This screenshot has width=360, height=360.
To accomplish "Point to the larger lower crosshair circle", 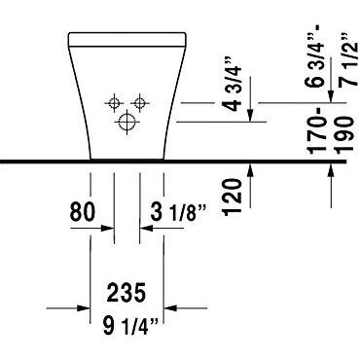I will pyautogui.click(x=127, y=121).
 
